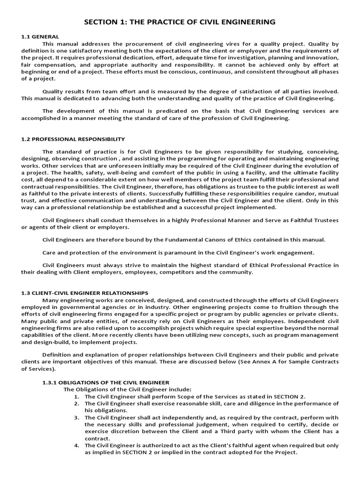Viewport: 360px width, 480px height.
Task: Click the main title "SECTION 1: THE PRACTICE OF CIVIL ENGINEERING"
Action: point(180,22)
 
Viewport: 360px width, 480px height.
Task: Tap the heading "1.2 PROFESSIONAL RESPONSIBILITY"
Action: point(73,139)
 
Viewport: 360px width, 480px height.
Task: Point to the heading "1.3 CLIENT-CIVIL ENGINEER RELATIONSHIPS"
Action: point(85,293)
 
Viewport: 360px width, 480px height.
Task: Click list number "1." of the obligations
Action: point(77,397)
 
